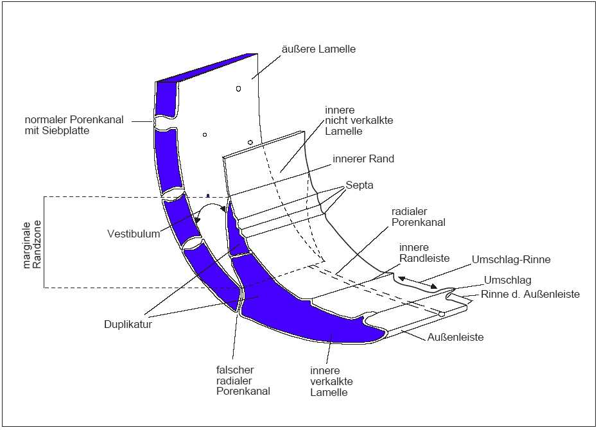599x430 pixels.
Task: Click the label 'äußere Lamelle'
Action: coord(318,49)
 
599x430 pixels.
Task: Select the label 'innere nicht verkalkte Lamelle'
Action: coord(349,121)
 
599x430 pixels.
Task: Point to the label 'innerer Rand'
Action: coord(363,159)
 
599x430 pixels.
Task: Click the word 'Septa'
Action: coord(360,185)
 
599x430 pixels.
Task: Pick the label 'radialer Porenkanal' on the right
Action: coord(418,216)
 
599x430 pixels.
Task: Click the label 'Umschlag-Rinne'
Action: coord(511,260)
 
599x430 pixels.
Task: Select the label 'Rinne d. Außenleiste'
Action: coord(530,295)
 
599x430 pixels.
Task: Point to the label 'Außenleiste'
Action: coord(456,337)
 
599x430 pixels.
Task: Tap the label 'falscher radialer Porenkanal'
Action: coord(243,380)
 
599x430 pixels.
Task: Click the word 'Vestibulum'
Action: coord(134,234)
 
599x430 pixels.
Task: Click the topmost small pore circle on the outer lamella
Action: coord(238,89)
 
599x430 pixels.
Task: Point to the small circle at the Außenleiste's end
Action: coord(442,314)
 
